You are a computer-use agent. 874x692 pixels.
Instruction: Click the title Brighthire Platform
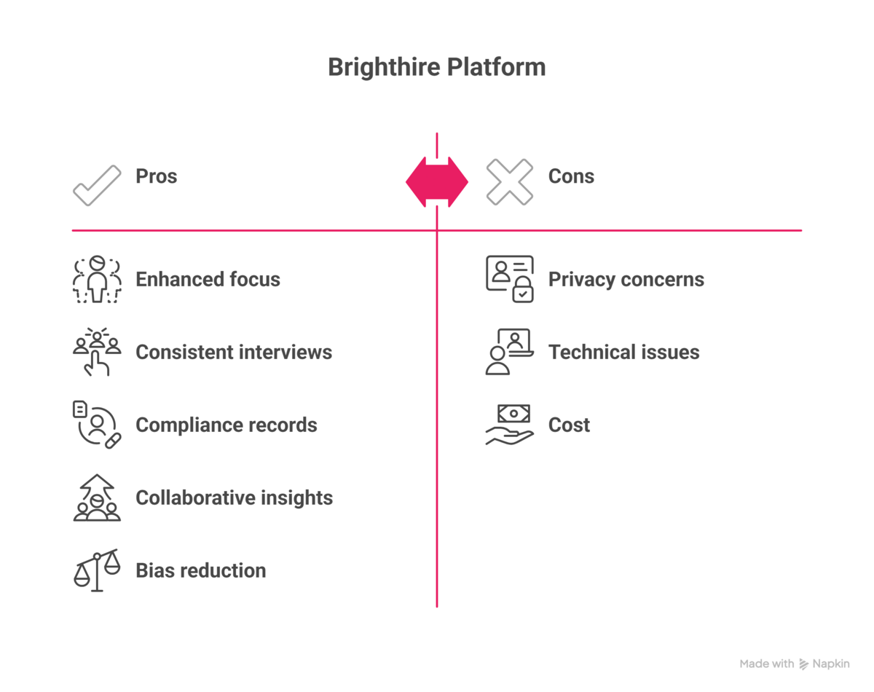click(436, 67)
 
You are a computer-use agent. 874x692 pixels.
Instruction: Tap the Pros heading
click(156, 176)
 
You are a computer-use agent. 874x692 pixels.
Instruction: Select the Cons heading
click(571, 176)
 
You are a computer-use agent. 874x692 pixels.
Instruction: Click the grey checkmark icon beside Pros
click(97, 185)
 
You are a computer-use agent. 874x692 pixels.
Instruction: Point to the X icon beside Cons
click(510, 181)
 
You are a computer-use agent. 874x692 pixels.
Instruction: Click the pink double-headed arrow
click(437, 181)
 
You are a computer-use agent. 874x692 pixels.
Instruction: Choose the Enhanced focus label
click(208, 280)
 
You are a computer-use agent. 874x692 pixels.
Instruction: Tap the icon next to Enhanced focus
click(97, 280)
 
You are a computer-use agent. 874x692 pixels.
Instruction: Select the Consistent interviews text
click(234, 353)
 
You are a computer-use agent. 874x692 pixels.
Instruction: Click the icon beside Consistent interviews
click(97, 352)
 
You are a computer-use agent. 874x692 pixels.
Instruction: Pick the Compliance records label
click(227, 425)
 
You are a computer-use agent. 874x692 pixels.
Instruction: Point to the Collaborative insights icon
click(97, 498)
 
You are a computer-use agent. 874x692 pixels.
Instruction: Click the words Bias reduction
click(200, 570)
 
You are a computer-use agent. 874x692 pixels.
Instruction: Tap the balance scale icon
click(97, 570)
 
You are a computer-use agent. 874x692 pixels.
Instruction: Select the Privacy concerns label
click(626, 280)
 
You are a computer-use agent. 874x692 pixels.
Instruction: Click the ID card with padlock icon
click(510, 279)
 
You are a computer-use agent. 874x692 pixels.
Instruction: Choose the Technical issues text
click(623, 353)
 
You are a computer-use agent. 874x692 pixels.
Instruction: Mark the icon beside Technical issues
click(509, 352)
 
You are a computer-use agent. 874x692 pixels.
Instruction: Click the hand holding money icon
click(509, 425)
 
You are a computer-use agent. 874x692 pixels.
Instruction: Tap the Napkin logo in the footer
click(824, 664)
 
